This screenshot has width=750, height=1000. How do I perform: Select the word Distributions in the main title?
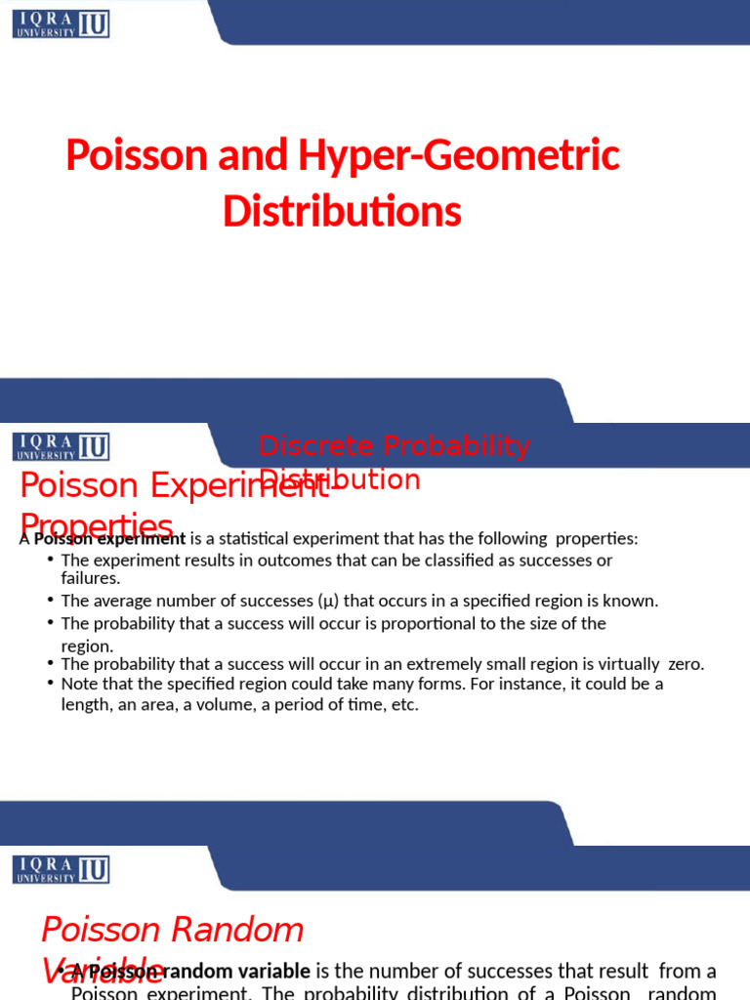pyautogui.click(x=342, y=211)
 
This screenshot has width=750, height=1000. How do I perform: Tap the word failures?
pyautogui.click(x=90, y=578)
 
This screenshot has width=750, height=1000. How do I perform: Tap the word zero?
pyautogui.click(x=686, y=664)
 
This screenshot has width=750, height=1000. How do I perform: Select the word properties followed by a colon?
pyautogui.click(x=596, y=539)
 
